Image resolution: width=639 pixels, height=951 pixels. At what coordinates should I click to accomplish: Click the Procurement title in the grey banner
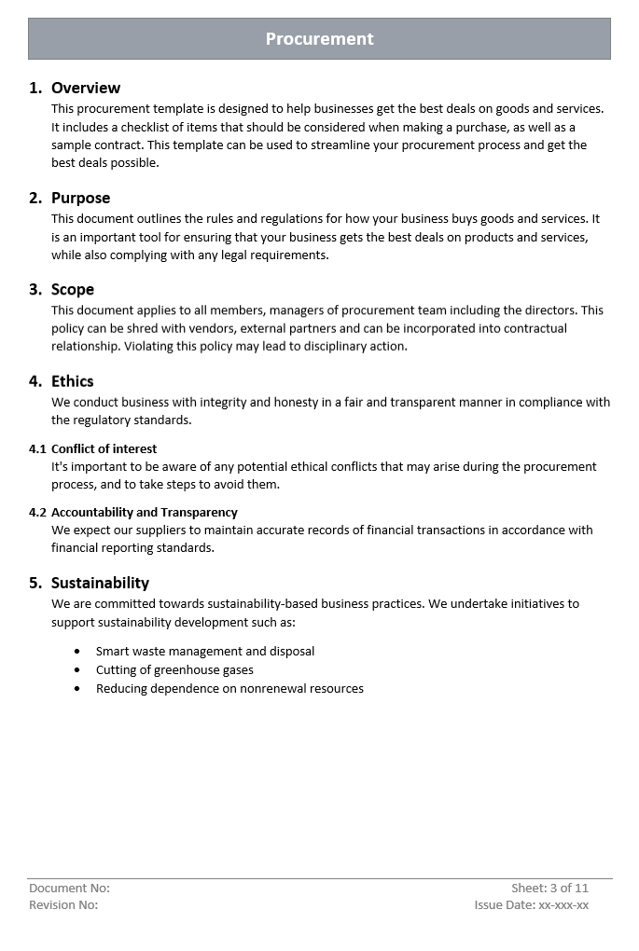pos(319,39)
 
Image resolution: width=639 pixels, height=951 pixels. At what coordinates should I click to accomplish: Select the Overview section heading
pos(86,88)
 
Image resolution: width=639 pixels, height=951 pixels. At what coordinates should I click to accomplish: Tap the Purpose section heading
pos(80,198)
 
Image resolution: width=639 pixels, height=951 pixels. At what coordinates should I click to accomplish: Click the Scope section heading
pos(73,289)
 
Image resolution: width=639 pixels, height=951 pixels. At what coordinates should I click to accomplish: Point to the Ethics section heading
pos(73,380)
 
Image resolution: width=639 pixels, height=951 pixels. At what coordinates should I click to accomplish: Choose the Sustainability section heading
pos(100,583)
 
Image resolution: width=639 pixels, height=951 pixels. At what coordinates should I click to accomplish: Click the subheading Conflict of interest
pos(104,448)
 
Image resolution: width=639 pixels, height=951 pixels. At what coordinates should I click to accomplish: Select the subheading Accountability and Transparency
pos(145,512)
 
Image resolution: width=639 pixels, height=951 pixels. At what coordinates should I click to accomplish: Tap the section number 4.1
pos(37,448)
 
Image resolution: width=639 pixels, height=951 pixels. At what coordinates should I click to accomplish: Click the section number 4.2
pos(37,512)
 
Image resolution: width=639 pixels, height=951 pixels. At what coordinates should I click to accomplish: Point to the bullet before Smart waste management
pos(77,652)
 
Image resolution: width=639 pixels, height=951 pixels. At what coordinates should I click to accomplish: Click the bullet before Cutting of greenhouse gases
pos(77,670)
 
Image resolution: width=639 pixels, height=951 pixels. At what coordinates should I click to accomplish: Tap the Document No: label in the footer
pos(69,888)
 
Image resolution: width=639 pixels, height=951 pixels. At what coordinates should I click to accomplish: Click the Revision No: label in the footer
pos(63,904)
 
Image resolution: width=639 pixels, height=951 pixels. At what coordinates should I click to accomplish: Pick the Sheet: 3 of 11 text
pos(549,888)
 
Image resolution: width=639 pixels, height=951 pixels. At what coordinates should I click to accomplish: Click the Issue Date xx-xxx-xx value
pos(563,904)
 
